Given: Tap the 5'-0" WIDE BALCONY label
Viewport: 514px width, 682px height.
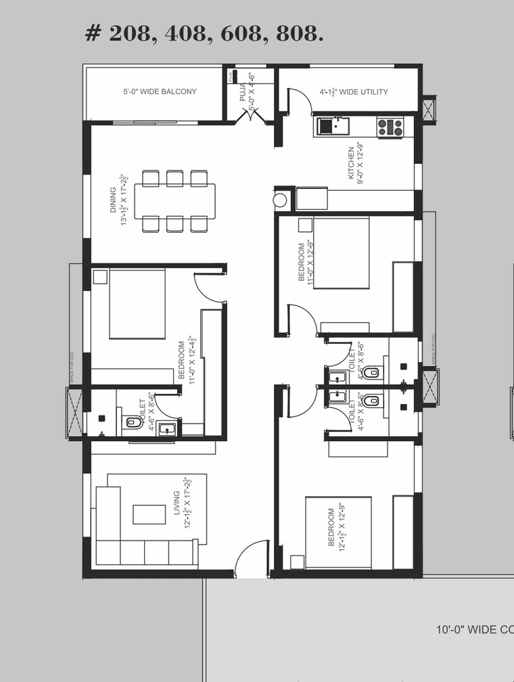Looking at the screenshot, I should (160, 91).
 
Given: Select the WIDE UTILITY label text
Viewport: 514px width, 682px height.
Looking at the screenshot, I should (354, 92).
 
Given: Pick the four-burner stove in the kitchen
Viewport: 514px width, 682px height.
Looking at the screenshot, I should (390, 127).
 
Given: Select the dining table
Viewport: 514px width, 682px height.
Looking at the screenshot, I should (179, 201).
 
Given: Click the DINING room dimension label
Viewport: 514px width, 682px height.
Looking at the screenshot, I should (118, 201).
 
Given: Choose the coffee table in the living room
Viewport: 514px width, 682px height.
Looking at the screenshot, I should (149, 514).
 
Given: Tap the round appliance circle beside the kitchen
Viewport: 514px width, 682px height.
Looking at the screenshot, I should (281, 200).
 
